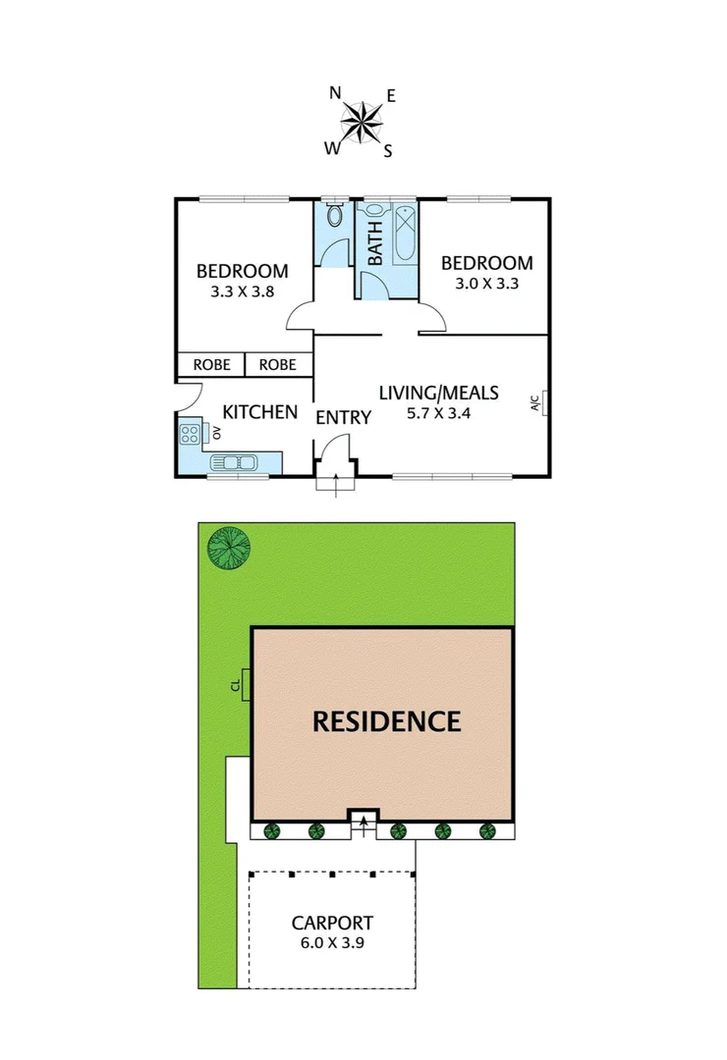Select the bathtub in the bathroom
[x=404, y=232]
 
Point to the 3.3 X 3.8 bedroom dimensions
[x=242, y=291]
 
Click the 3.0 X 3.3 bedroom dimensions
[x=486, y=284]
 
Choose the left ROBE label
[x=211, y=365]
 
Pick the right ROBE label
[x=278, y=365]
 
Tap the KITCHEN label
[x=259, y=412]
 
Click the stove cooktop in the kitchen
[x=191, y=433]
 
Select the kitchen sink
[x=234, y=462]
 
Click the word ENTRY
[x=343, y=418]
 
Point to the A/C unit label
[x=535, y=402]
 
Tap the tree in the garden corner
[x=229, y=549]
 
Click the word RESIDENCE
[x=386, y=722]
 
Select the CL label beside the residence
[x=236, y=684]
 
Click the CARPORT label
[x=332, y=923]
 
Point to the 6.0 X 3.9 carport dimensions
[x=332, y=943]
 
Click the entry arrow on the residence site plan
[x=363, y=826]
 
